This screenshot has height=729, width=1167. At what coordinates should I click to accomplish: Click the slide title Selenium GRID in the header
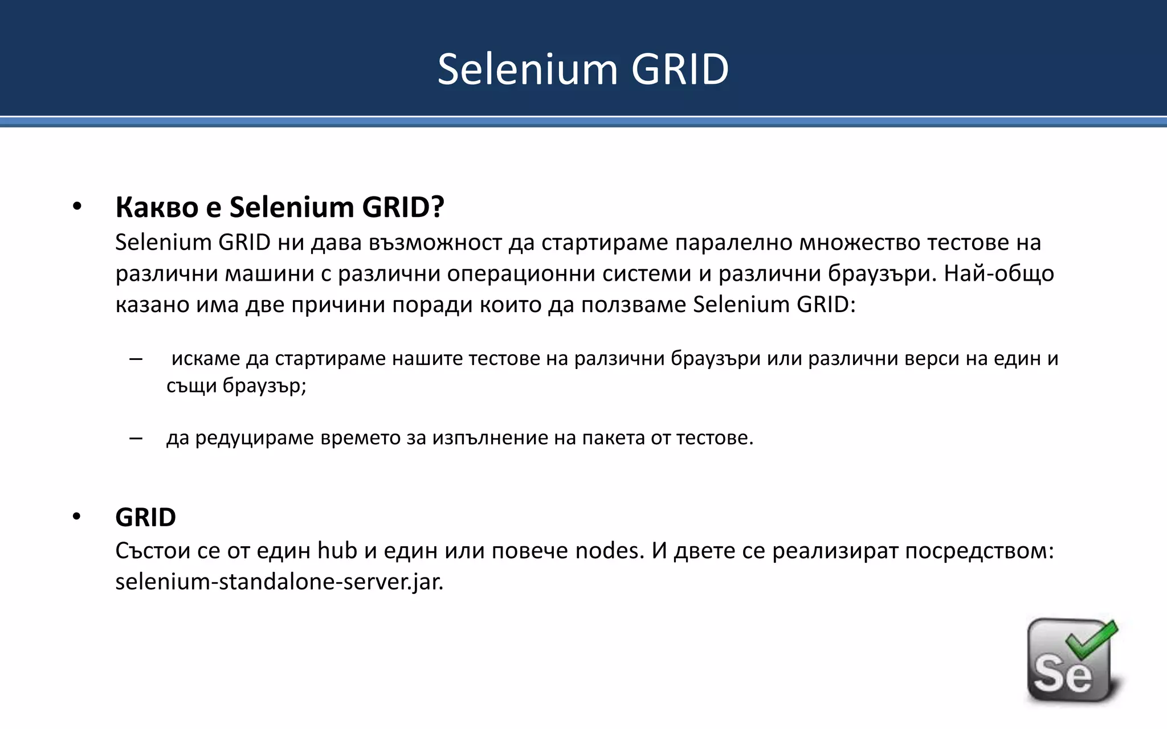pyautogui.click(x=583, y=69)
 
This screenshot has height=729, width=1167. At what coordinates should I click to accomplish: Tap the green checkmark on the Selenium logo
pyautogui.click(x=1091, y=641)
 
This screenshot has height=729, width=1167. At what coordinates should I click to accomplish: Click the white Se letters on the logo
pyautogui.click(x=1063, y=675)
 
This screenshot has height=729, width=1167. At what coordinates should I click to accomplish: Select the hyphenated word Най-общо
pyautogui.click(x=998, y=274)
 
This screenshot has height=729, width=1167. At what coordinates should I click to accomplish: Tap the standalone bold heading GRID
pyautogui.click(x=145, y=518)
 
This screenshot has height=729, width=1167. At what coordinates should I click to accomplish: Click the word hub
pyautogui.click(x=337, y=551)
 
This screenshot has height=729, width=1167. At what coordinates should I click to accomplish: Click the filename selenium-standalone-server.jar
pyautogui.click(x=279, y=582)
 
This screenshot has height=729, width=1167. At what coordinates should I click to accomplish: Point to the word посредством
pyautogui.click(x=979, y=551)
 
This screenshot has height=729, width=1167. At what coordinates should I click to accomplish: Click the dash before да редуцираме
pyautogui.click(x=136, y=439)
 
